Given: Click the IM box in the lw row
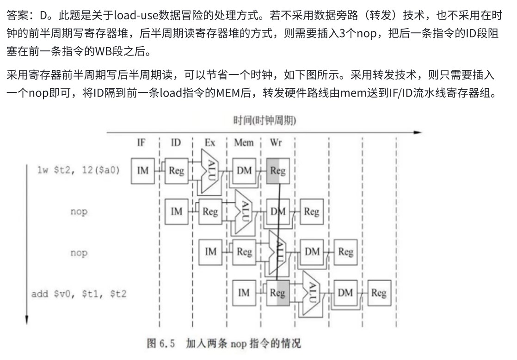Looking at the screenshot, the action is click(x=143, y=171).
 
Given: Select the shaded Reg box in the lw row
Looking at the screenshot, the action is click(x=278, y=171).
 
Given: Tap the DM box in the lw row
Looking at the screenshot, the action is click(x=244, y=171).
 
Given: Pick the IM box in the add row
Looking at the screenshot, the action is click(x=244, y=293).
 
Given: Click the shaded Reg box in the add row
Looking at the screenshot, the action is click(x=278, y=293).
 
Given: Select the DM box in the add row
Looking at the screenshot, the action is click(x=345, y=293).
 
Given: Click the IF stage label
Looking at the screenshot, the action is click(x=141, y=143).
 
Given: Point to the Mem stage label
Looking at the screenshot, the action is click(x=244, y=143).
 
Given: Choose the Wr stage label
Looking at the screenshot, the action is click(x=276, y=143).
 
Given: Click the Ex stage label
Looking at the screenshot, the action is click(x=210, y=143).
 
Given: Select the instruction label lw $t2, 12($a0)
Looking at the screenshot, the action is click(x=79, y=170).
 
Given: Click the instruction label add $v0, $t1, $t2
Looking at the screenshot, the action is click(x=79, y=293).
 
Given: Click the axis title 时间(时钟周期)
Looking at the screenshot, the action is click(x=265, y=121).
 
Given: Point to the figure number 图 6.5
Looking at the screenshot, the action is click(x=161, y=343).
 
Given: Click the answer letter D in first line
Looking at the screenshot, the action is click(x=44, y=15).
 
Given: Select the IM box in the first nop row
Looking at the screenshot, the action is click(x=176, y=212).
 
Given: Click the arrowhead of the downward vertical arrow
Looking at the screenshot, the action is click(x=27, y=320).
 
